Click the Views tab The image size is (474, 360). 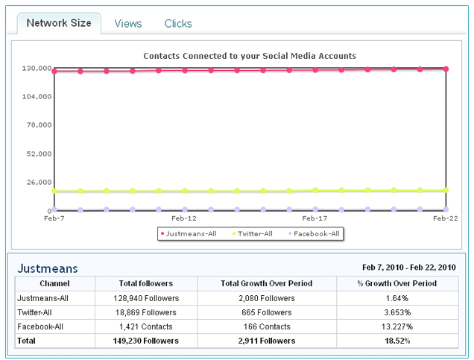coord(128,24)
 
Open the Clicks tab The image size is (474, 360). coord(178,24)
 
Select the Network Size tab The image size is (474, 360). coord(59,23)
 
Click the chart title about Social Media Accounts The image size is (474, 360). coord(250,56)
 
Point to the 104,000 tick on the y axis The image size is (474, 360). coord(37,96)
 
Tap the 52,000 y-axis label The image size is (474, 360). coord(39,154)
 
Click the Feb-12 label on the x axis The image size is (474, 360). coord(184,218)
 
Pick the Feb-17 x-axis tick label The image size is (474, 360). coord(315,218)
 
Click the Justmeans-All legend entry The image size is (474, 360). coord(189,233)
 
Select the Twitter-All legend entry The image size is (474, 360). coord(253,233)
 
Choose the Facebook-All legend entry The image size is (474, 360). coord(314,233)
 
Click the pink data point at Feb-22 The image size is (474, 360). coord(446,69)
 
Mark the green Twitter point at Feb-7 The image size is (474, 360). coord(54,191)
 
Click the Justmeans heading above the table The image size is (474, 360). coord(48,268)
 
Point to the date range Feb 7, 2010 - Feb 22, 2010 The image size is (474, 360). coord(409,268)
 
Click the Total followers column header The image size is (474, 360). coord(146,283)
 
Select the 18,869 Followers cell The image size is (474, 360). coord(146,312)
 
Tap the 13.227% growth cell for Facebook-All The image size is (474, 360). coord(397,326)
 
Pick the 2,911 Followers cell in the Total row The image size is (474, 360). coord(267,341)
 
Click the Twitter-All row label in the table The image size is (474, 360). coord(34,312)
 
